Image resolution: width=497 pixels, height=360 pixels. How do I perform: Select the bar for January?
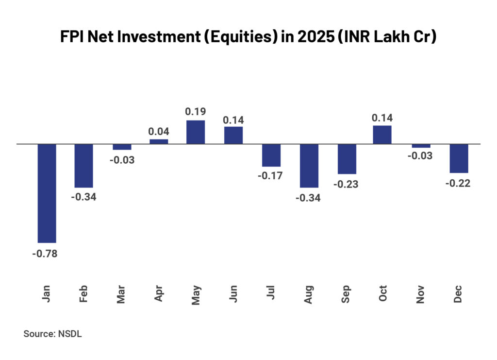pos(47,193)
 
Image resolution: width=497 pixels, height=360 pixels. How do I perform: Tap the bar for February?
pos(84,166)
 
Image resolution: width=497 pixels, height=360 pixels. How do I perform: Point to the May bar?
pos(196,132)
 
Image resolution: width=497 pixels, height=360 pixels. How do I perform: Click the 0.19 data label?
pos(196,111)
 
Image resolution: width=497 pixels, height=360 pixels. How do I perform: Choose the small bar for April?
pos(159,141)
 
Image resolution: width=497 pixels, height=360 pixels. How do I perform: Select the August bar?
pos(309,166)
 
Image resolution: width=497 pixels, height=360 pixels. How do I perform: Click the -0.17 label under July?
pos(271,176)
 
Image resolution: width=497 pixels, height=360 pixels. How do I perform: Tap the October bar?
pos(382,135)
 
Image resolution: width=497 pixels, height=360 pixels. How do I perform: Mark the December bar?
pos(459,158)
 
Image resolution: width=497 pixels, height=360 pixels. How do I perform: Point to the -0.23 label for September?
pos(347,184)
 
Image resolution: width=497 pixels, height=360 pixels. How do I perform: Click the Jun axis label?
pos(234,294)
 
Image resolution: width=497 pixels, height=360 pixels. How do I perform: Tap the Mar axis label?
pos(121,294)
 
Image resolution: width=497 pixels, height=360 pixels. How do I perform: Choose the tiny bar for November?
pos(421,146)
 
